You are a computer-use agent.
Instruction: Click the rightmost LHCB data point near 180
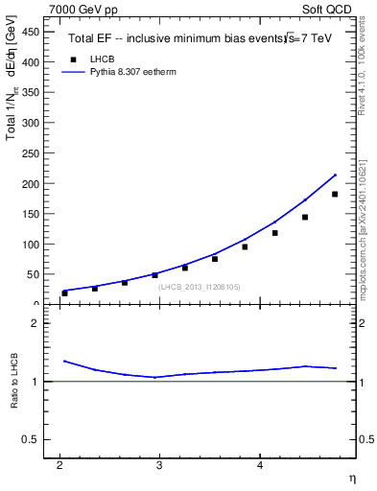[334, 195]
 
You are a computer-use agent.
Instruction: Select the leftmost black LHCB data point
[64, 292]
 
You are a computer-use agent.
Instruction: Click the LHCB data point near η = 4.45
[304, 218]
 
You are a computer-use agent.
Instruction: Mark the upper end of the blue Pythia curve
[335, 175]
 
